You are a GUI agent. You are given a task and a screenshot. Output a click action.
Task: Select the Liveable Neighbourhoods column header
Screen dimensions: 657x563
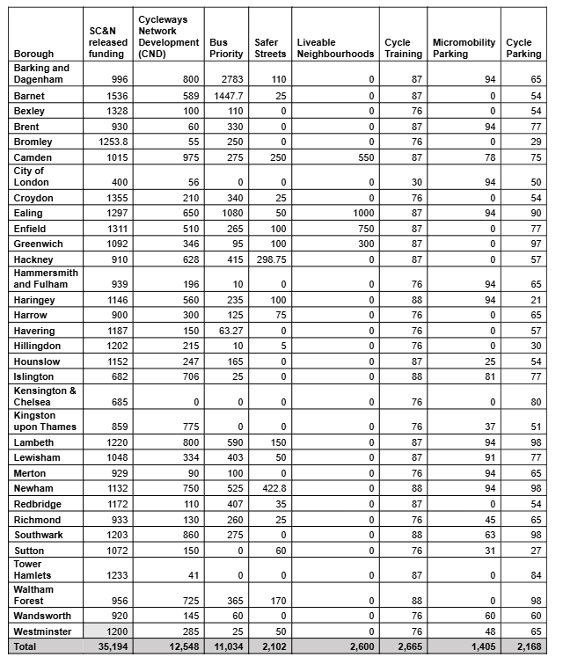pyautogui.click(x=334, y=47)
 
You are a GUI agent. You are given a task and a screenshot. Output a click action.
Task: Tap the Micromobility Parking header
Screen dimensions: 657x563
pyautogui.click(x=463, y=47)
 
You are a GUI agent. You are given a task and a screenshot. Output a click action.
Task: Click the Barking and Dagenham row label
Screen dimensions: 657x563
pyautogui.click(x=41, y=74)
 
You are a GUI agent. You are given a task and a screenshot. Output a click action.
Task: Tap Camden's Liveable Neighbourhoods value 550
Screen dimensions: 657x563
pyautogui.click(x=365, y=157)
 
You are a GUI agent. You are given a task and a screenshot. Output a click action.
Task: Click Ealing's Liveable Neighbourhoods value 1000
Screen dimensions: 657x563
pyautogui.click(x=362, y=214)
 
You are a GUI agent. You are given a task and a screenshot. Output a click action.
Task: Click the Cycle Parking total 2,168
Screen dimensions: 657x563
pyautogui.click(x=525, y=647)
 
